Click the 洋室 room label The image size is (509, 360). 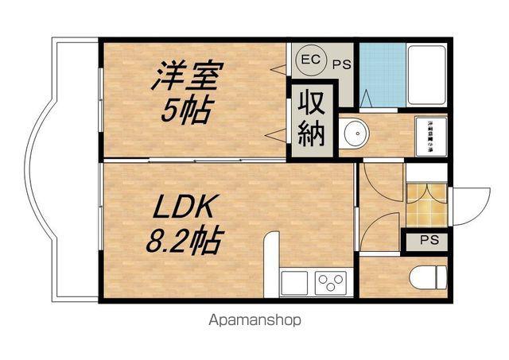click(x=188, y=77)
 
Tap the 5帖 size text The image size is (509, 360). click(x=186, y=111)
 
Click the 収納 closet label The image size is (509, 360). click(x=312, y=119)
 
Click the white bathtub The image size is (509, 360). click(x=426, y=74)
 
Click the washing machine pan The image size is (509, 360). click(x=430, y=136)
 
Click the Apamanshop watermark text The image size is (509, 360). click(x=254, y=322)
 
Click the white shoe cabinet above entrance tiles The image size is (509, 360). click(x=426, y=172)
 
